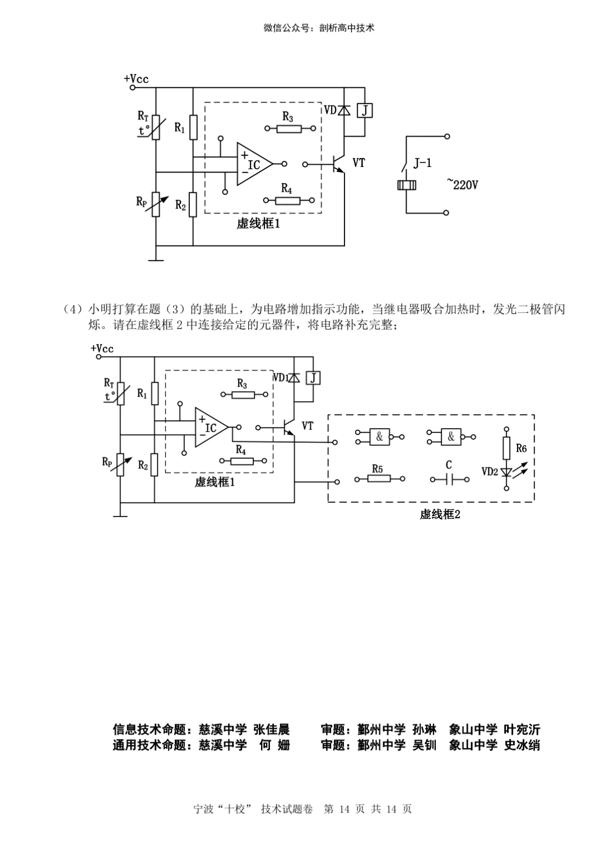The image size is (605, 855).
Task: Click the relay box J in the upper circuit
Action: (365, 110)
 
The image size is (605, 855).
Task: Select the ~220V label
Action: (463, 183)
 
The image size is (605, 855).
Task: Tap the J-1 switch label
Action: (422, 164)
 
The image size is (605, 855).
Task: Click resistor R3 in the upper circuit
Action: (290, 128)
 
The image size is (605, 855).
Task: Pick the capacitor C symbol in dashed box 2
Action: (449, 479)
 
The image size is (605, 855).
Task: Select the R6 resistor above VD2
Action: (506, 448)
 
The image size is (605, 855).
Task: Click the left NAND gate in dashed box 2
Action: (379, 436)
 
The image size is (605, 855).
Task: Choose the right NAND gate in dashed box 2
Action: (451, 436)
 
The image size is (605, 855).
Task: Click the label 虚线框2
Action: (440, 514)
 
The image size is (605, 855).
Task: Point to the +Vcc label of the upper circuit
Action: (136, 79)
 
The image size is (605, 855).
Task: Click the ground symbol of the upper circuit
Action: (156, 259)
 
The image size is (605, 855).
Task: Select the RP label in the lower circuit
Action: (107, 462)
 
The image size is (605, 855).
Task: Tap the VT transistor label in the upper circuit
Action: (359, 162)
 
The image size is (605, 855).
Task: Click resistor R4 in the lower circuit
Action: (243, 461)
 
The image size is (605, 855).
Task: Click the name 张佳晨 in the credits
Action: (272, 729)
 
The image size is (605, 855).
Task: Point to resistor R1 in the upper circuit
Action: (193, 128)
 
